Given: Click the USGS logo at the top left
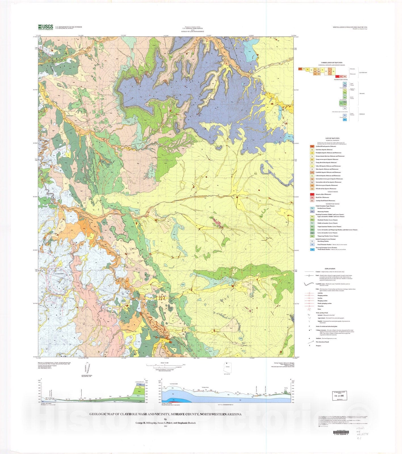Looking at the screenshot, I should (46, 27).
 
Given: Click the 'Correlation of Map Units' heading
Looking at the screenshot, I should (332, 62).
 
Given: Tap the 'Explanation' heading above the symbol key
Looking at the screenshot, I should (330, 268).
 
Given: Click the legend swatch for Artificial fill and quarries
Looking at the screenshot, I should (312, 146).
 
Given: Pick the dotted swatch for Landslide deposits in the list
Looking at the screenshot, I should (312, 172).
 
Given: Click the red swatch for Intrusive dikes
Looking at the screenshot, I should (312, 194).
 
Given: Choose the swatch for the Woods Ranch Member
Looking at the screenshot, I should (312, 249).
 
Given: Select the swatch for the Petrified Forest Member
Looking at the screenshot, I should (312, 208).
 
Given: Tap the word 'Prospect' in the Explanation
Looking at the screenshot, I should (318, 346).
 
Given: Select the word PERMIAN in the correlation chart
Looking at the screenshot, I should (362, 114).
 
